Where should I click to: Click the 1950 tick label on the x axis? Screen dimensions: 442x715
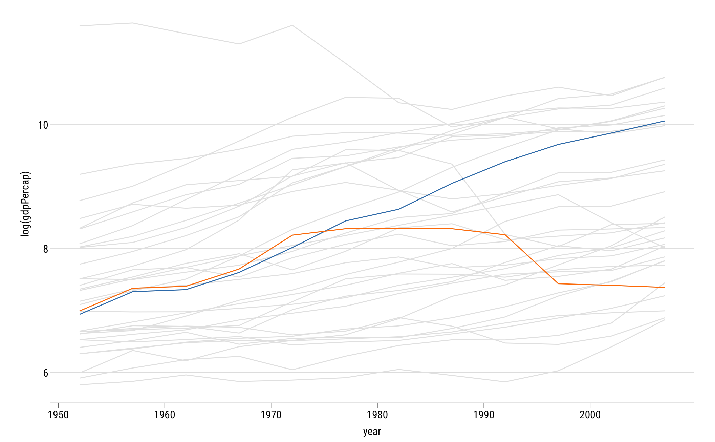pyautogui.click(x=58, y=415)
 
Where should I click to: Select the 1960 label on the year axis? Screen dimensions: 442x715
pyautogui.click(x=165, y=415)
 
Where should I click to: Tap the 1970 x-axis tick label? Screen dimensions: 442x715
pyautogui.click(x=271, y=415)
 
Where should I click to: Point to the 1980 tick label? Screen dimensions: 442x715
pyautogui.click(x=377, y=415)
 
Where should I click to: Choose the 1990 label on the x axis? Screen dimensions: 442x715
pyautogui.click(x=483, y=415)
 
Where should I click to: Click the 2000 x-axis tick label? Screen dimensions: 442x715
pyautogui.click(x=590, y=415)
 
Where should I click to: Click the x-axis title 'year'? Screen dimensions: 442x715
pyautogui.click(x=372, y=432)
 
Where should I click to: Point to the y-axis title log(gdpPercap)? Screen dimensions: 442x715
pyautogui.click(x=26, y=204)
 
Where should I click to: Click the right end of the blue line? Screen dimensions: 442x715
pyautogui.click(x=665, y=121)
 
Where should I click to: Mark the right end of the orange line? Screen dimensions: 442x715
pyautogui.click(x=665, y=287)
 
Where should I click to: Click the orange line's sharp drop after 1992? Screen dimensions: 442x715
pyautogui.click(x=532, y=259)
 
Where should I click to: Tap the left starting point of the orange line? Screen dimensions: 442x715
pyautogui.click(x=80, y=311)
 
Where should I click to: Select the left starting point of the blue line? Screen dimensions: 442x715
pyautogui.click(x=80, y=314)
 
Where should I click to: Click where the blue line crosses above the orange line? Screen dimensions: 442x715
pyautogui.click(x=325, y=232)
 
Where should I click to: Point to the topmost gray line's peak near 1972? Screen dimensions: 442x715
pyautogui.click(x=292, y=25)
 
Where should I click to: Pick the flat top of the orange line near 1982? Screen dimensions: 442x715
pyautogui.click(x=399, y=229)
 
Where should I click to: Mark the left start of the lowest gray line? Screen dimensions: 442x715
pyautogui.click(x=80, y=385)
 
